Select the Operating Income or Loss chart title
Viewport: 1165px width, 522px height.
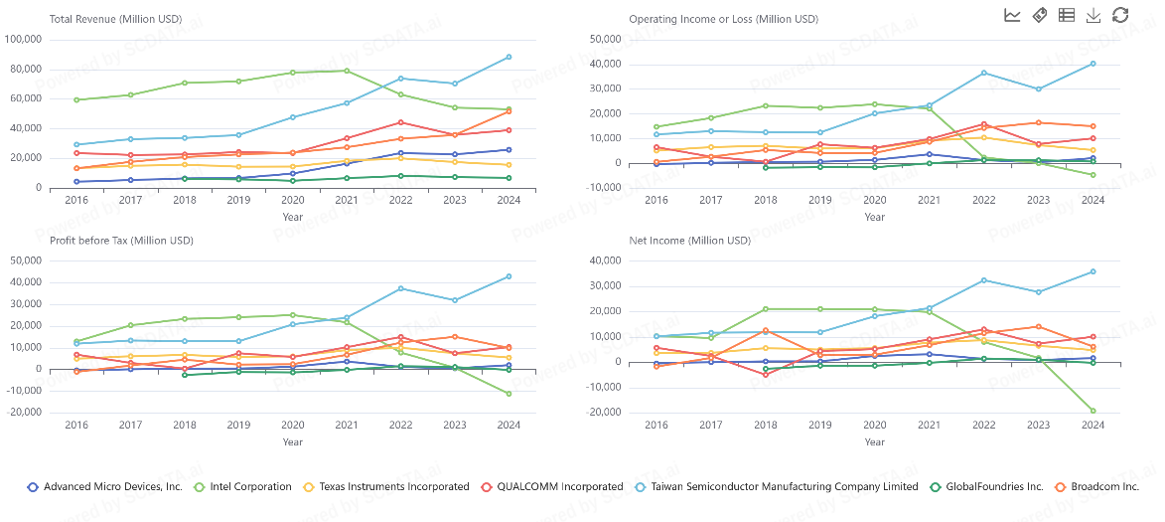723,19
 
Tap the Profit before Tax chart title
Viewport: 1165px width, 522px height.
121,240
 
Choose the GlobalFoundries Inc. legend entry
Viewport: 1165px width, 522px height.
992,487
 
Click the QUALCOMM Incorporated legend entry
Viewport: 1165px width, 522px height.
553,487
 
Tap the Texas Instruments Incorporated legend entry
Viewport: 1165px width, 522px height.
391,487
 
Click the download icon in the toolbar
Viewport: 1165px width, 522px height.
1093,15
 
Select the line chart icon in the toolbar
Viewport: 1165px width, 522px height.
1012,15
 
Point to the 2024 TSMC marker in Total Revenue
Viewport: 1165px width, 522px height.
509,57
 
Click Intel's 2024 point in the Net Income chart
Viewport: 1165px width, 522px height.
1092,411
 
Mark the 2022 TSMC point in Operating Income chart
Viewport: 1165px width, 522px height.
983,73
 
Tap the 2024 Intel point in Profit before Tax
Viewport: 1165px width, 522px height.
509,394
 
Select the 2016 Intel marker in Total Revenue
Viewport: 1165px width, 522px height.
76,99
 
